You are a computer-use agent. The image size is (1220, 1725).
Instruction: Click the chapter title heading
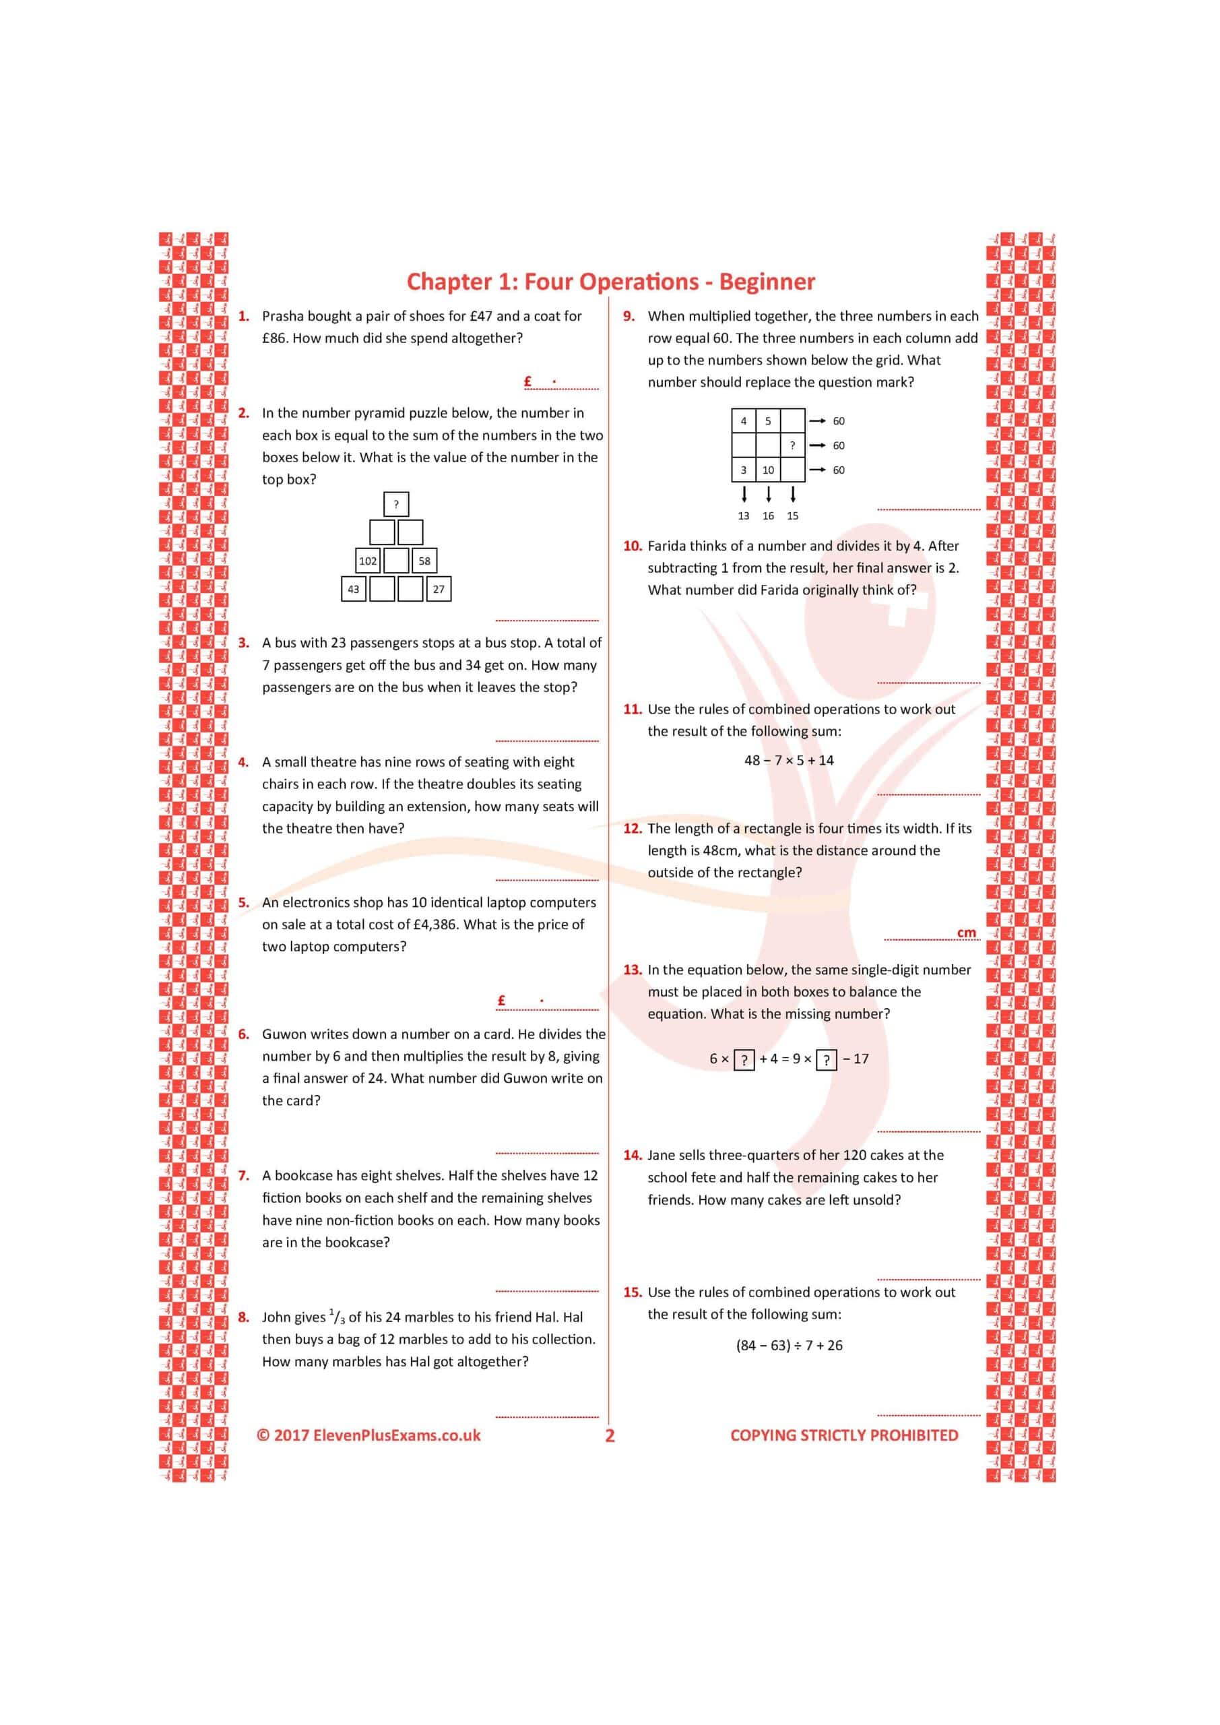pos(610,282)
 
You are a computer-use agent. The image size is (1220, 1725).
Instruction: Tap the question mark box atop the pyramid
pos(396,504)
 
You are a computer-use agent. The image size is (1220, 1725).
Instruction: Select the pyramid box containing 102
pos(368,561)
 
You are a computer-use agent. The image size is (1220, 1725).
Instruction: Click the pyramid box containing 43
pos(353,589)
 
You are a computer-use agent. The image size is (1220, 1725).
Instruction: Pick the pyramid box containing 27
pos(439,589)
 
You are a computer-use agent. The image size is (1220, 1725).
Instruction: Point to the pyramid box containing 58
pos(424,561)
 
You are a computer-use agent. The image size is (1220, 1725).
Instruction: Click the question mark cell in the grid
pos(792,445)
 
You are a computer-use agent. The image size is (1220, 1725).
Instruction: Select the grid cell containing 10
pos(768,470)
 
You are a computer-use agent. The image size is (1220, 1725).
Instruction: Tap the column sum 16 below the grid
pos(768,515)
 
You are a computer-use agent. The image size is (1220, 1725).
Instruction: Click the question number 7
pos(243,1176)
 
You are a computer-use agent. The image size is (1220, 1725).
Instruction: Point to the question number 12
pos(632,829)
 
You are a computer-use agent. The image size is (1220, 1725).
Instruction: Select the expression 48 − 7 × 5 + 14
pos(789,760)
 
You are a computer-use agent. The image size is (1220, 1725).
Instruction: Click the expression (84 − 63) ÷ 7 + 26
pos(789,1346)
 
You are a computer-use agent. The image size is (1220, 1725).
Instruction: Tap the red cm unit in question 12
pos(966,933)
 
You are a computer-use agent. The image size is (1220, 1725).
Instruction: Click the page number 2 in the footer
pos(610,1436)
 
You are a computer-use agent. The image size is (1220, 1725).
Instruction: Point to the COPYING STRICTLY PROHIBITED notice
pos(843,1436)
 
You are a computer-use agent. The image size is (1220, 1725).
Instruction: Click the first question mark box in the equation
pos(744,1059)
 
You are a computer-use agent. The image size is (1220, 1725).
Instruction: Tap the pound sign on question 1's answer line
pos(527,381)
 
